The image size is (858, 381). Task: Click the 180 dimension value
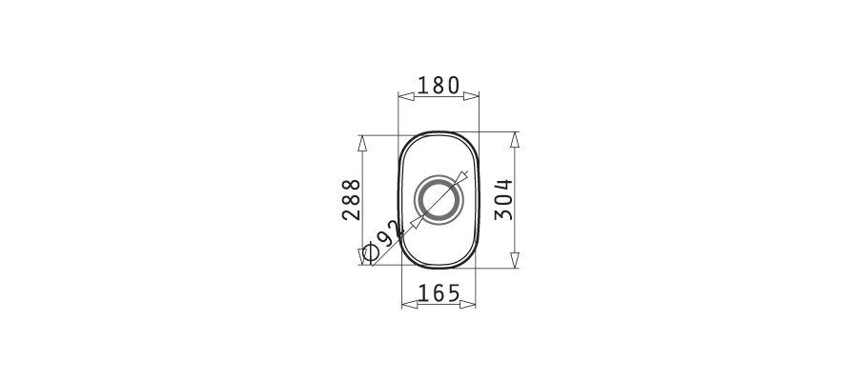439,86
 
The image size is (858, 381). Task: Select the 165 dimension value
439,293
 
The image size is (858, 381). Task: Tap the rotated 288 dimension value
351,199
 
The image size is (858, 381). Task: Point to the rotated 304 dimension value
503,199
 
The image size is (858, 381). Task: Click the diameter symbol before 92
371,252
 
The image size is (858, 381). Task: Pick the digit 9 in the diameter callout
385,238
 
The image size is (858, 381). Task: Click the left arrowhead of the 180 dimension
406,96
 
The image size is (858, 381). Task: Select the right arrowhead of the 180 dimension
471,96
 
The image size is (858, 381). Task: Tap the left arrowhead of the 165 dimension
410,304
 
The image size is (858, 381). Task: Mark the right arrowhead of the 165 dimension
467,304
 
